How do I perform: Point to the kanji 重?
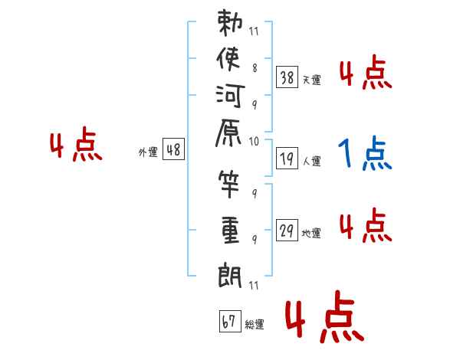pyautogui.click(x=230, y=230)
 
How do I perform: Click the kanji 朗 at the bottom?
pyautogui.click(x=230, y=273)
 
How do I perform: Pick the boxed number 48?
pyautogui.click(x=173, y=150)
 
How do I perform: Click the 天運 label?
pyautogui.click(x=312, y=80)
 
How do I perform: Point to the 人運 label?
pyautogui.click(x=312, y=162)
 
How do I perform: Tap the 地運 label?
pyautogui.click(x=312, y=234)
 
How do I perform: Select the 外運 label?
pyautogui.click(x=148, y=152)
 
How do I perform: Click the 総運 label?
pyautogui.click(x=255, y=325)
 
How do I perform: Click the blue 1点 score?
pyautogui.click(x=364, y=154)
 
